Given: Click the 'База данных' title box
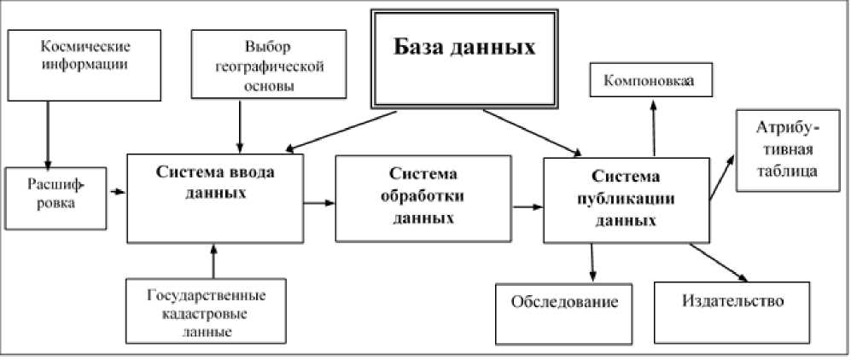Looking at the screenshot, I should pyautogui.click(x=464, y=58).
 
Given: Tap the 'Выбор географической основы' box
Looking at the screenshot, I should pyautogui.click(x=269, y=64).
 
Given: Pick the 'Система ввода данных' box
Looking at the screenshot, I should pyautogui.click(x=215, y=198).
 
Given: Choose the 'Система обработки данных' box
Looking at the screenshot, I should pyautogui.click(x=423, y=197).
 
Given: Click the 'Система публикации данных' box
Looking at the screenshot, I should pyautogui.click(x=626, y=199).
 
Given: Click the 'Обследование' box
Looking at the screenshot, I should pyautogui.click(x=564, y=305).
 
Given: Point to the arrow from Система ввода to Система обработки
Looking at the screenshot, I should pyautogui.click(x=319, y=202).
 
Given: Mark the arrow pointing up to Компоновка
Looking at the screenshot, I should pyautogui.click(x=654, y=128).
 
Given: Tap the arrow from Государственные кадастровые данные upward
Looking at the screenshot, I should pyautogui.click(x=213, y=261).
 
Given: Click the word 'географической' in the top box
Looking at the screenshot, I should pyautogui.click(x=269, y=67).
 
